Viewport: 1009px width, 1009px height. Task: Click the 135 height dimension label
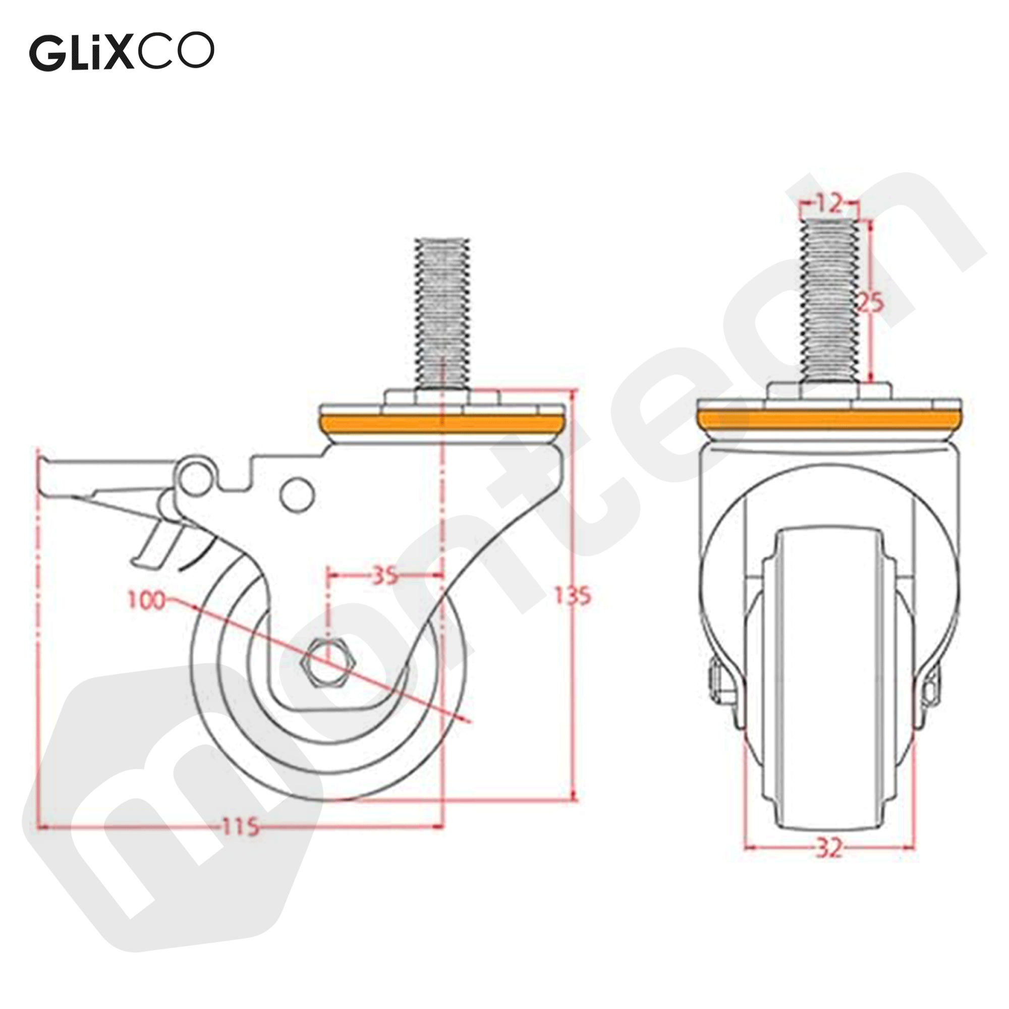573,596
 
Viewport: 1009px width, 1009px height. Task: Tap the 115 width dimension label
241,826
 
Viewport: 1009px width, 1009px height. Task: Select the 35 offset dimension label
385,576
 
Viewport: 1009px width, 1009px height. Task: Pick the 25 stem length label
870,302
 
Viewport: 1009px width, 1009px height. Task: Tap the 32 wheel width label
829,862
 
